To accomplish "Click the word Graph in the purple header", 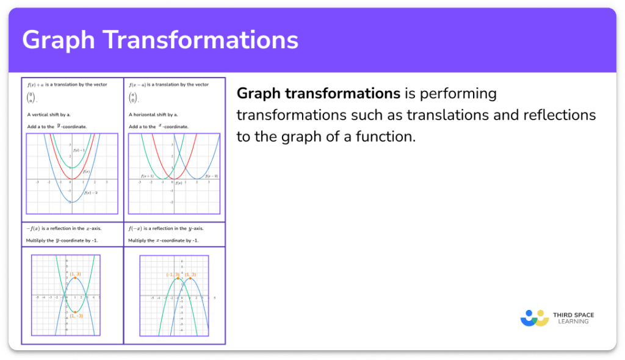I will (59, 40).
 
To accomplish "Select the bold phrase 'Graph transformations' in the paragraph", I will (318, 94).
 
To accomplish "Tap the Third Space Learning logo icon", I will (535, 319).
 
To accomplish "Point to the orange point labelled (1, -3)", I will (75, 311).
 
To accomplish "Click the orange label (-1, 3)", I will (173, 275).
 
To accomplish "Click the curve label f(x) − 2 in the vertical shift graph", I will (91, 192).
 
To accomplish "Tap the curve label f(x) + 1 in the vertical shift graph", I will (80, 150).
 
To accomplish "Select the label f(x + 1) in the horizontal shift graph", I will (147, 176).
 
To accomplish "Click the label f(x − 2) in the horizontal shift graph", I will (211, 176).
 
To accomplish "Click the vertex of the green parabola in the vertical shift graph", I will (72, 168).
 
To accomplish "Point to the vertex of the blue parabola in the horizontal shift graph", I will (196, 179).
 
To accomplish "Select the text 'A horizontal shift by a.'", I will (153, 115).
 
